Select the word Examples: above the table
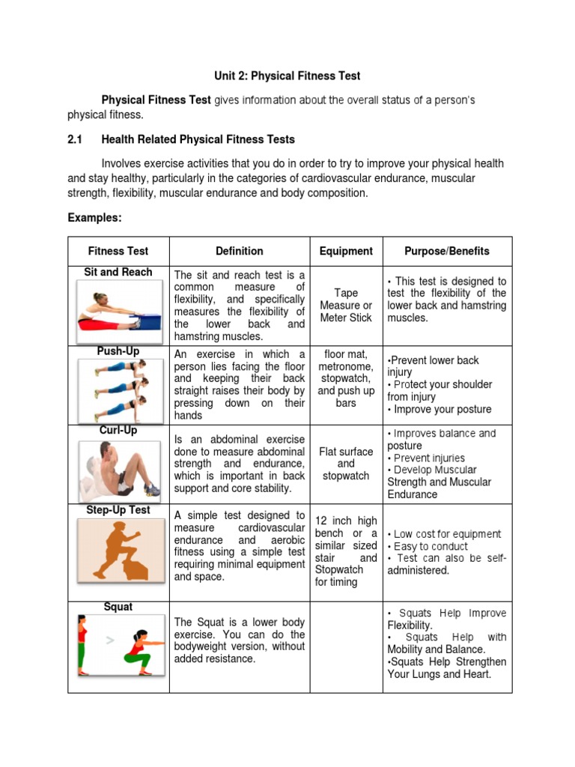click(x=94, y=217)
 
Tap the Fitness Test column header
click(x=118, y=251)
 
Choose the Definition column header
click(x=239, y=251)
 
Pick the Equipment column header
click(x=345, y=251)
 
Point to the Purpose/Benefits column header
click(x=447, y=251)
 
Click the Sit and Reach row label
click(x=118, y=272)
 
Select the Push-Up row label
click(x=118, y=351)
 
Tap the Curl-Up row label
click(x=118, y=430)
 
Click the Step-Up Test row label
click(x=118, y=509)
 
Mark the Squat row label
click(x=118, y=607)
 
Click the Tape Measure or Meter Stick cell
click(x=345, y=306)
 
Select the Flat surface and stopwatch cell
click(x=345, y=464)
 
